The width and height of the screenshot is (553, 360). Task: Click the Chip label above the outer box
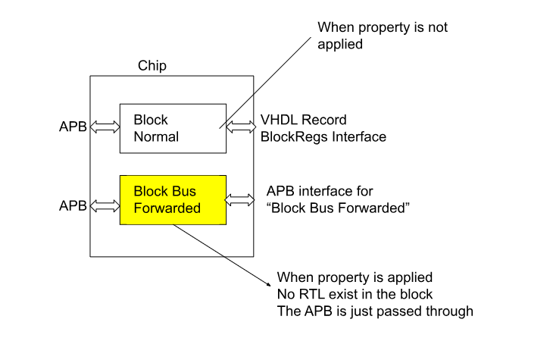click(152, 66)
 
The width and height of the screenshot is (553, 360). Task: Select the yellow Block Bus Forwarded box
click(173, 200)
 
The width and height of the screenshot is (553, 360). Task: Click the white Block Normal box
click(173, 129)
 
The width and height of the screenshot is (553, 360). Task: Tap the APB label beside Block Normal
click(73, 127)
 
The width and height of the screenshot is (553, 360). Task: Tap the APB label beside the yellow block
click(73, 205)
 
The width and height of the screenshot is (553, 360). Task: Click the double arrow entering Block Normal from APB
click(105, 127)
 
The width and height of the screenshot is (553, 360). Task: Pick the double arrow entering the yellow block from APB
click(105, 205)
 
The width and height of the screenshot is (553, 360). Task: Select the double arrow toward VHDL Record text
click(241, 127)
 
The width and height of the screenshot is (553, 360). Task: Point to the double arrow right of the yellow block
click(239, 200)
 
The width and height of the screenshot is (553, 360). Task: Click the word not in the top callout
click(438, 27)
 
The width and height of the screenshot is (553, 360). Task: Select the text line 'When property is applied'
click(355, 277)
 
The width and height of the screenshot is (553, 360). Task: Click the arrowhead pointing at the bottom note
click(269, 284)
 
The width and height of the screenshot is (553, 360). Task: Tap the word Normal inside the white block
click(156, 137)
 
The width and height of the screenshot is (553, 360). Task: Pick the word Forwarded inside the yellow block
click(167, 208)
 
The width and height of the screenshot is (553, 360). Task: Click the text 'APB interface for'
click(320, 191)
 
